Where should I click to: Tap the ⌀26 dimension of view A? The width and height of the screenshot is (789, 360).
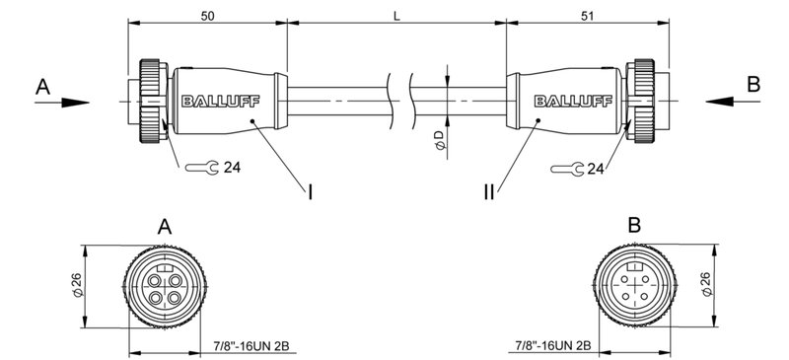pyautogui.click(x=75, y=287)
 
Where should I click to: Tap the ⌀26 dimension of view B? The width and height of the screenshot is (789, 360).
pyautogui.click(x=706, y=287)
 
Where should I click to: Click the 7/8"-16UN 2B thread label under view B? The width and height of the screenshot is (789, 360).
pyautogui.click(x=552, y=346)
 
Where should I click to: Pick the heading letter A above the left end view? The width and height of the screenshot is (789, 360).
pyautogui.click(x=165, y=226)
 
